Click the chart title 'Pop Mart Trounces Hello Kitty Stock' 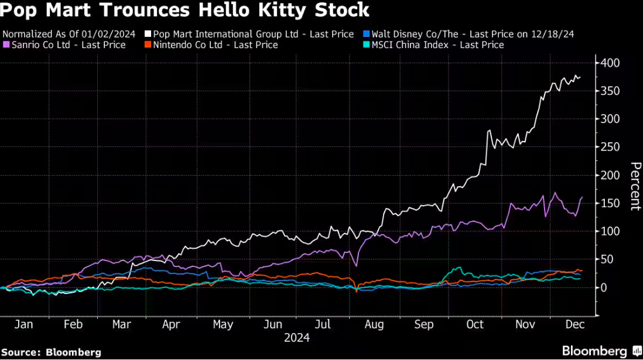[x=186, y=10]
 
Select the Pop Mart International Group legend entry [x=253, y=34]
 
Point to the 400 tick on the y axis [x=609, y=63]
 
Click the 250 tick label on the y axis [x=609, y=147]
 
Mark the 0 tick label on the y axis [x=603, y=287]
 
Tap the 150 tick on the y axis [x=609, y=203]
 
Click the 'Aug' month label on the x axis [x=375, y=324]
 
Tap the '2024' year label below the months [x=297, y=338]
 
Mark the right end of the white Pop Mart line [x=580, y=77]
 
